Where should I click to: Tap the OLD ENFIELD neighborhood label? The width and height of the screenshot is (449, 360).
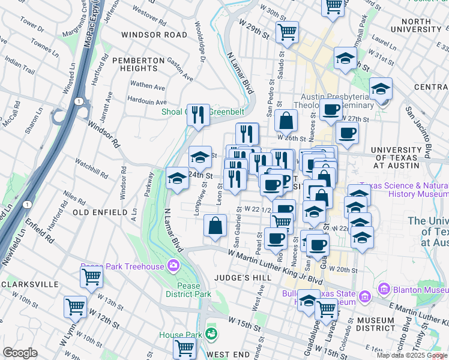100,212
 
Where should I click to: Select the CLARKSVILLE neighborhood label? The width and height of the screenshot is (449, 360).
29,284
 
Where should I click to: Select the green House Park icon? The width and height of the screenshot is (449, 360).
211,332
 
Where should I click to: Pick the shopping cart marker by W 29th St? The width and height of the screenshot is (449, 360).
288,32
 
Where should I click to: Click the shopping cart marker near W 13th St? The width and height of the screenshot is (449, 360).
91,277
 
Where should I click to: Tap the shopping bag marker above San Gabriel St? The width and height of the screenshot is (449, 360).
215,226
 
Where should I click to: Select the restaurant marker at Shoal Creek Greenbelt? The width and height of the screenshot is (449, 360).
199,114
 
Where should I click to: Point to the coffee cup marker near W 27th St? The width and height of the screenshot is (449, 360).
331,109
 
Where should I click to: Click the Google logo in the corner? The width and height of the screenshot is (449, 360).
19,353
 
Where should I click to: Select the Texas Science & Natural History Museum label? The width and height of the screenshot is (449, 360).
403,190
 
